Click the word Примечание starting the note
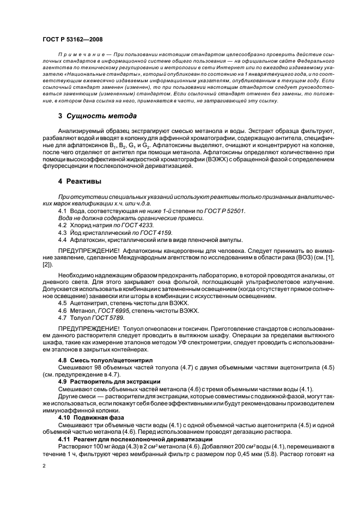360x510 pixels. point(80,56)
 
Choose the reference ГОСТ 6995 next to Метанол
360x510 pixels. point(119,311)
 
